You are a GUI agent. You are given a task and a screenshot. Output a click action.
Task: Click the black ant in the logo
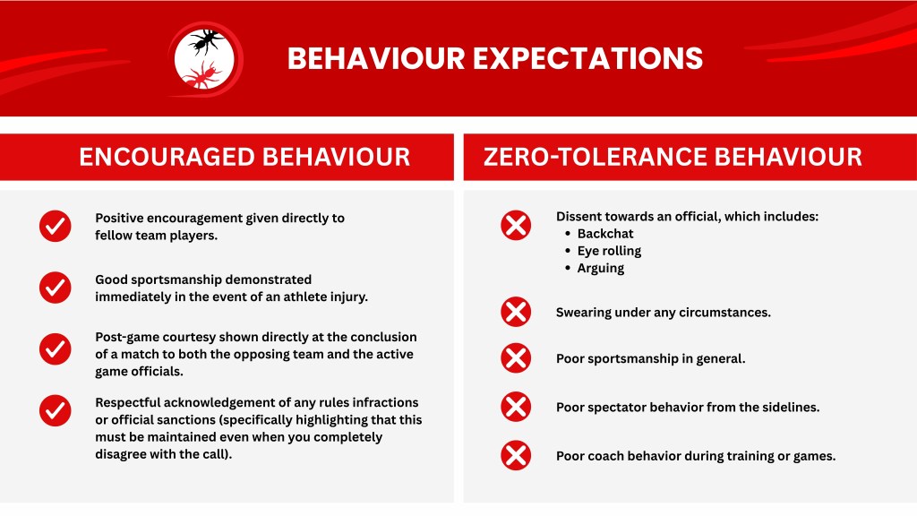[x=207, y=41]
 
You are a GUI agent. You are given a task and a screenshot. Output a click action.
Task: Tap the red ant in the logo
[x=201, y=75]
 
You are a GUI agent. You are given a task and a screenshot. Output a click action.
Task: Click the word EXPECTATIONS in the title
[x=587, y=58]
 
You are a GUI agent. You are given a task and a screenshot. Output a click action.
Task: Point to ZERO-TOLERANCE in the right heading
[x=595, y=157]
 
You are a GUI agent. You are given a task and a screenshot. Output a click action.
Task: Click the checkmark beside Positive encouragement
[x=55, y=226]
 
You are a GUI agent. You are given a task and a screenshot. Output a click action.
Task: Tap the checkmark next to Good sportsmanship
[x=55, y=288]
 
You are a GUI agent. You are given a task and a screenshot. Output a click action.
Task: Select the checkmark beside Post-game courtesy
[x=55, y=348]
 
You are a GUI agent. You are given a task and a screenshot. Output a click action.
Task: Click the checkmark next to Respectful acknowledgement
[x=55, y=410]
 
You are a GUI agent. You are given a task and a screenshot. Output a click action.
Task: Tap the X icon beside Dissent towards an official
[x=516, y=225]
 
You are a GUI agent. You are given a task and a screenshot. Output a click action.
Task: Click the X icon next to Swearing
[x=516, y=311]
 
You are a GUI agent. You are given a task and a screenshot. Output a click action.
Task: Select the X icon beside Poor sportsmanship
[x=516, y=358]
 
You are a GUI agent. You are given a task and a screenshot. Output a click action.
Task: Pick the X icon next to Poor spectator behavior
[x=516, y=407]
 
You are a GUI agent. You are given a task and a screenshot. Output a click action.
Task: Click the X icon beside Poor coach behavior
[x=516, y=455]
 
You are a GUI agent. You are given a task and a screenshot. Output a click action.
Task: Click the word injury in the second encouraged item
[x=348, y=297]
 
